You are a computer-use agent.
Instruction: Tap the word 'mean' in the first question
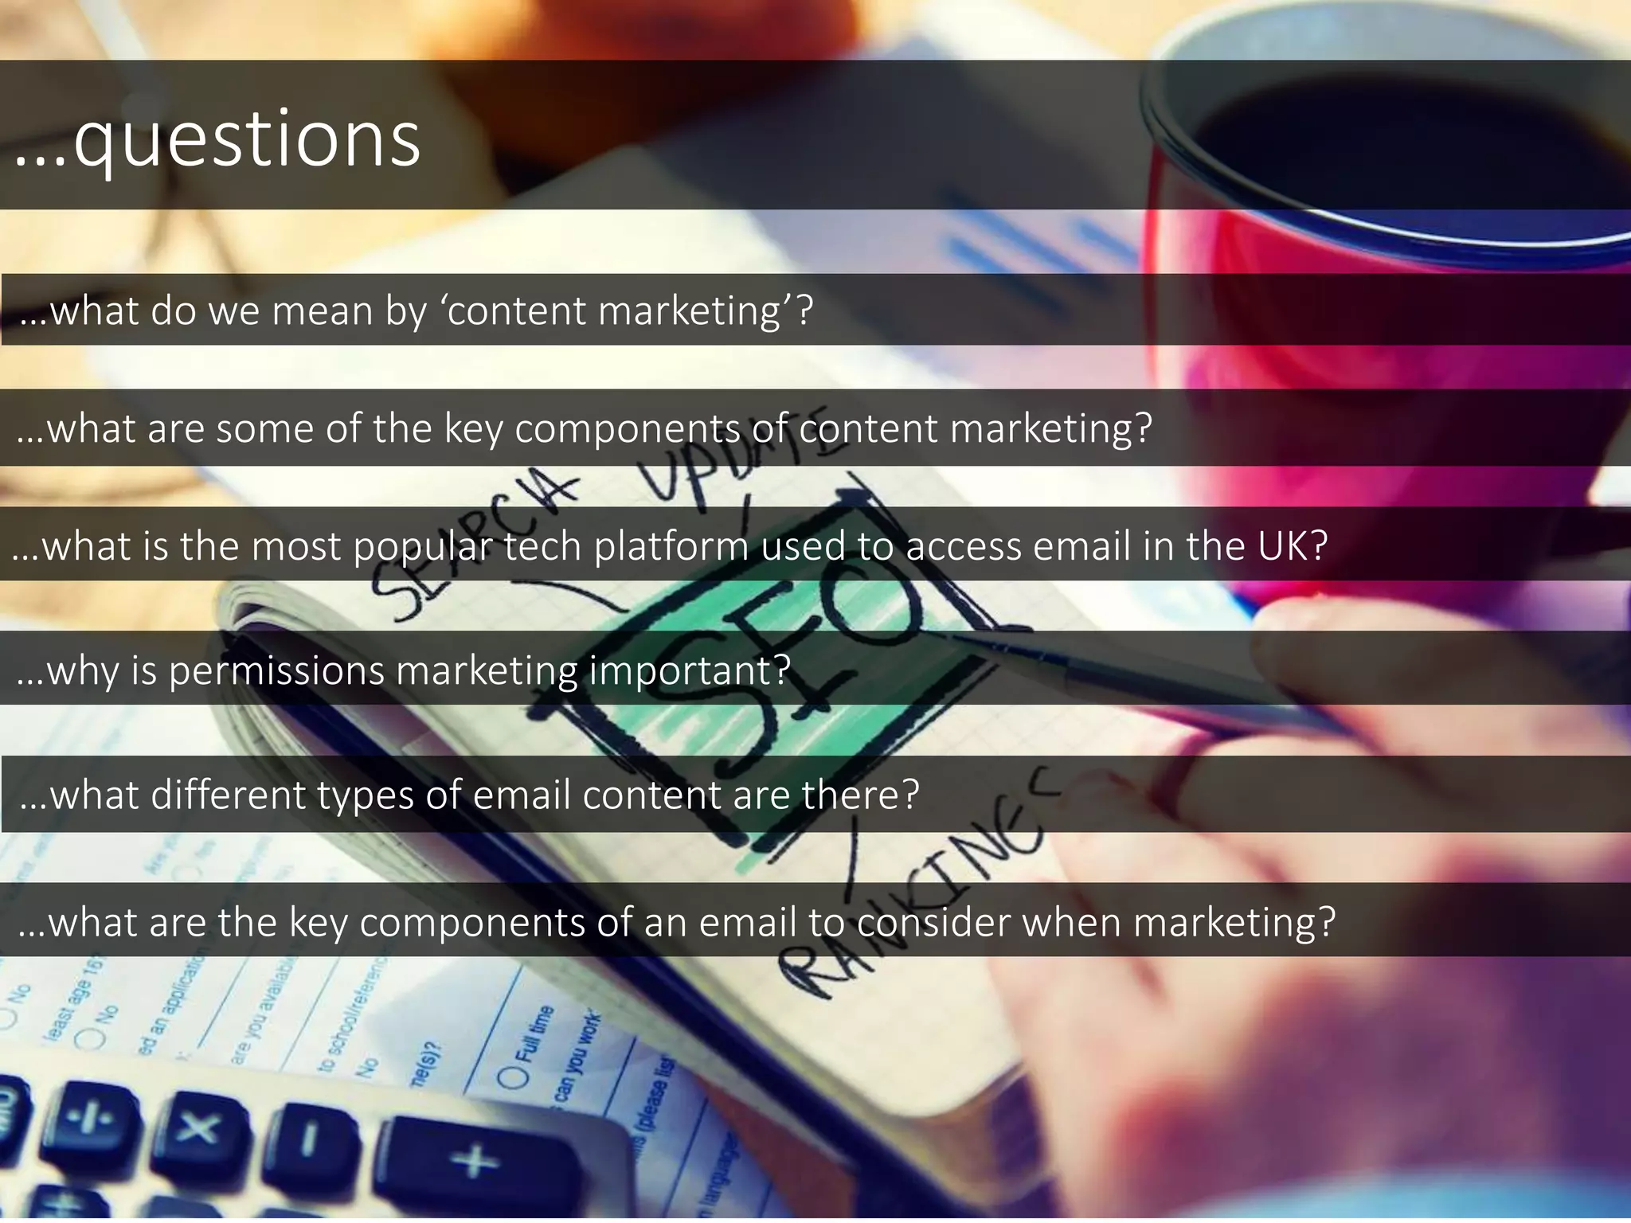click(322, 311)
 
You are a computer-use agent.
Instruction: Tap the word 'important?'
click(690, 670)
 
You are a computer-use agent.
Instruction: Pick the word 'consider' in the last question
click(933, 922)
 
